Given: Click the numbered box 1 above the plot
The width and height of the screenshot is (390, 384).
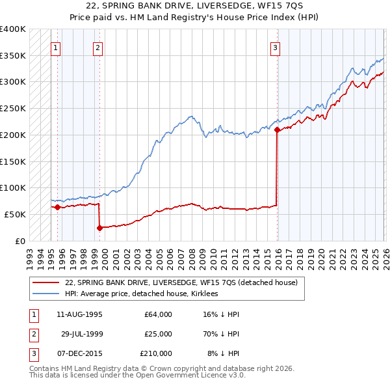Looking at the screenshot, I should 56,47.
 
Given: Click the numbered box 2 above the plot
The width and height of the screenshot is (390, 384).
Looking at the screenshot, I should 97,47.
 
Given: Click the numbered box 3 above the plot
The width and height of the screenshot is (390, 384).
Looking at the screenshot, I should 276,47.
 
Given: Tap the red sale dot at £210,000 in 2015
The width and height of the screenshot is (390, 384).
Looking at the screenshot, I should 278,130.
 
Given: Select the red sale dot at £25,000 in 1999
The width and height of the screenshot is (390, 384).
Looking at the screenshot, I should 99,228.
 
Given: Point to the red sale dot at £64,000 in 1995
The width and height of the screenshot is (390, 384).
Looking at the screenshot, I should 57,207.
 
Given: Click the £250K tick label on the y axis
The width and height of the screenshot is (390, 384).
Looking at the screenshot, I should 13,108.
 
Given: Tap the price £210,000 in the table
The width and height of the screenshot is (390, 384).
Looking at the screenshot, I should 156,353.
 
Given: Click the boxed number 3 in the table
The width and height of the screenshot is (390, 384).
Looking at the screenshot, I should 32,353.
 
